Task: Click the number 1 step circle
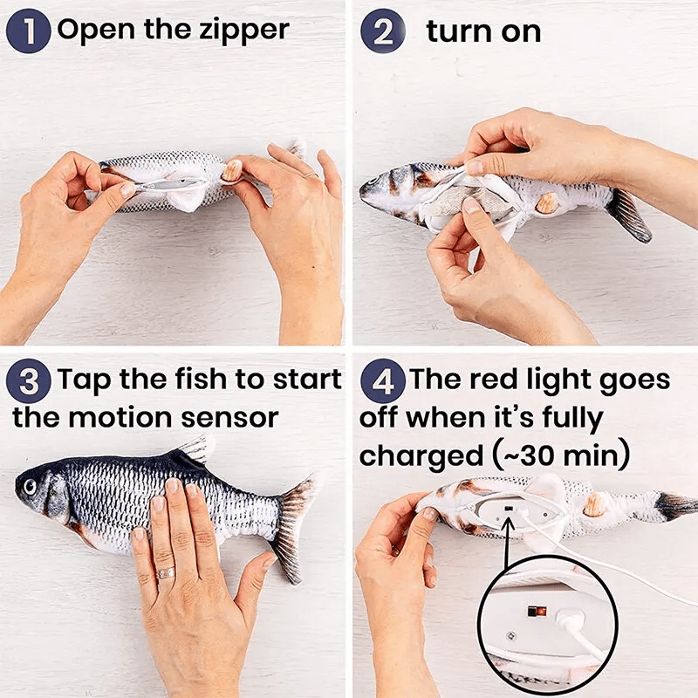tap(28, 31)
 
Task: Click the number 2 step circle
tap(382, 31)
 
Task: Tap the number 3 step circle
tap(28, 382)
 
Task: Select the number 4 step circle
tap(382, 382)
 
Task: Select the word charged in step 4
tap(418, 455)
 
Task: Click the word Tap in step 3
tap(86, 381)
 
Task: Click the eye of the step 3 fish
tap(32, 485)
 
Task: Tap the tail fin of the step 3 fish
tap(292, 523)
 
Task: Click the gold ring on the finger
tap(165, 572)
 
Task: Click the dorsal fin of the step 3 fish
tap(194, 451)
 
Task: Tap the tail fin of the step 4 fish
tap(675, 506)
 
